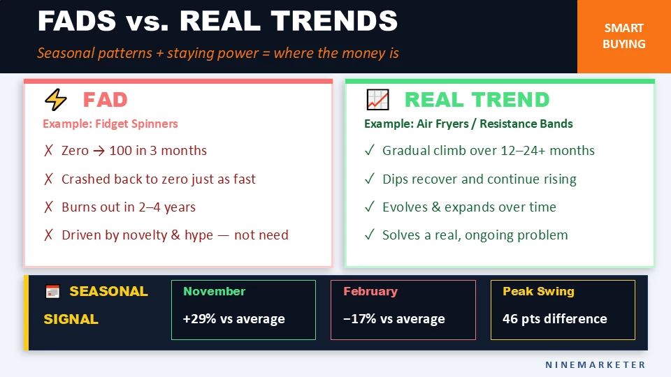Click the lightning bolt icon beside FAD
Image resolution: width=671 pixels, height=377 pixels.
(55, 100)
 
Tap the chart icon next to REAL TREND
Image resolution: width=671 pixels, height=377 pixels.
(377, 100)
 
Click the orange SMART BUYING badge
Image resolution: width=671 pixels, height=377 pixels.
(624, 36)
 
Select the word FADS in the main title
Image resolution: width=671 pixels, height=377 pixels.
(76, 22)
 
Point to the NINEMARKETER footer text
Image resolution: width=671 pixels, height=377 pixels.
(596, 364)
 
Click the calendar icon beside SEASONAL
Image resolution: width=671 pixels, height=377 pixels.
(52, 292)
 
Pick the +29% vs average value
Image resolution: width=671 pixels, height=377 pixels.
(233, 319)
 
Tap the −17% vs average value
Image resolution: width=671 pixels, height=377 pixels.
(394, 319)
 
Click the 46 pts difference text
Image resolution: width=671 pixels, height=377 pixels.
(554, 319)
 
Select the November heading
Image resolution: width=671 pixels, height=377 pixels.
(214, 291)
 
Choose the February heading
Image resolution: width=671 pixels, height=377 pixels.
(370, 291)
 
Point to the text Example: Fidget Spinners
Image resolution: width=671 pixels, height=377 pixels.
(110, 124)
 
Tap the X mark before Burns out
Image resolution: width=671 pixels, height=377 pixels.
(48, 207)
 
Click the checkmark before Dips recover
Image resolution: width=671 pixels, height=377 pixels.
(369, 179)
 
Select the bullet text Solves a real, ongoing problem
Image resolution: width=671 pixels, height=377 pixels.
(475, 235)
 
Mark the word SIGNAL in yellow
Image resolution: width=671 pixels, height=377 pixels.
(71, 319)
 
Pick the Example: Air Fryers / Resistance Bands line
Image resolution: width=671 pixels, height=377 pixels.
(468, 124)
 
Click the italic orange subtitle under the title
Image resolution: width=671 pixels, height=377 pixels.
(217, 53)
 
